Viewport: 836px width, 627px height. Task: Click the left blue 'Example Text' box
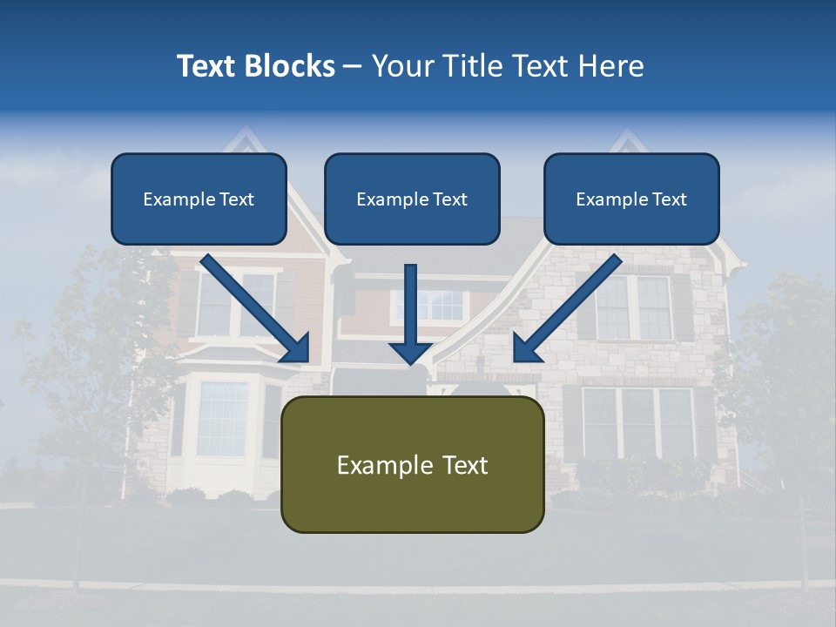(199, 199)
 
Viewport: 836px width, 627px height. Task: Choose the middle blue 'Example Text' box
(412, 199)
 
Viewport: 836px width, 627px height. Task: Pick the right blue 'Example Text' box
(631, 199)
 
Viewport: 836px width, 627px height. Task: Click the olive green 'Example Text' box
(412, 465)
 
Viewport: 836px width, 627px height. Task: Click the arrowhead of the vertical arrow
(411, 353)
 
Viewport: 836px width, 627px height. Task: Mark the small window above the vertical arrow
(432, 306)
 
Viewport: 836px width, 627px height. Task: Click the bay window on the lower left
(223, 419)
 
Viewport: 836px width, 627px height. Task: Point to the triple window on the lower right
(638, 422)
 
